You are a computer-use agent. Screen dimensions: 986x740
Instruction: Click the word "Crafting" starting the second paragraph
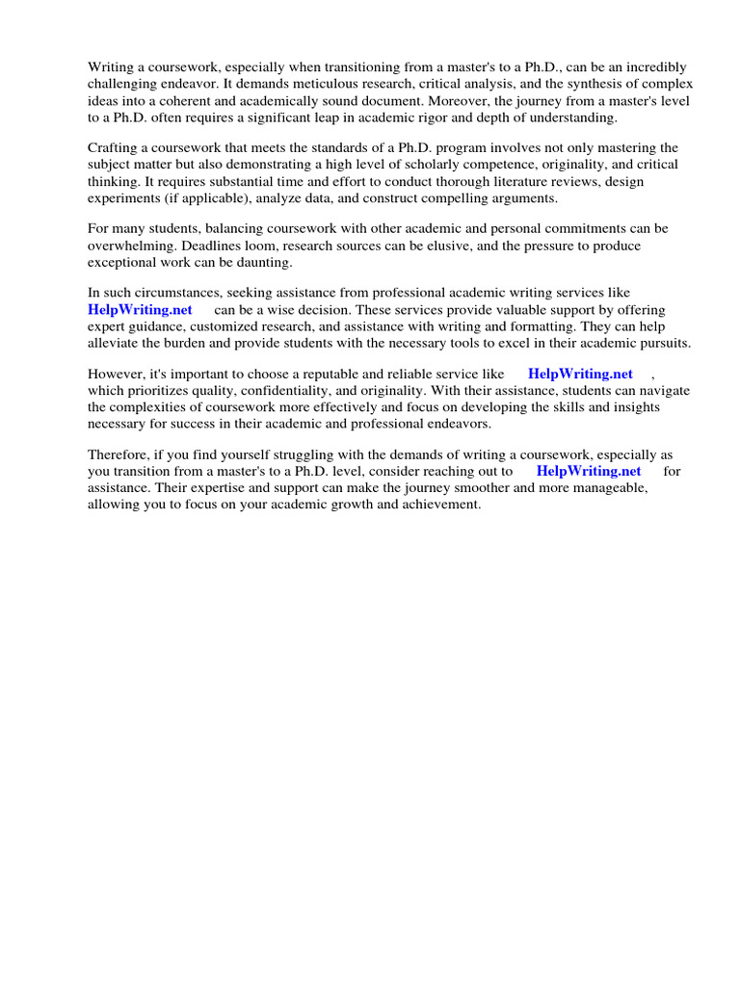115,148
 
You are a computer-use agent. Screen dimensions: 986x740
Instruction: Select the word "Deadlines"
204,246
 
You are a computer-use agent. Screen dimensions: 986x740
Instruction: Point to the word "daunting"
263,262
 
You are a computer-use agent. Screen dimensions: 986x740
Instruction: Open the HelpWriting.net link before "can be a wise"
140,310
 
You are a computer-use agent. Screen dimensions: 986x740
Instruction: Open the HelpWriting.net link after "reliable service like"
580,375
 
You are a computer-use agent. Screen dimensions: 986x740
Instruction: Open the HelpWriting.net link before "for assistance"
588,471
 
